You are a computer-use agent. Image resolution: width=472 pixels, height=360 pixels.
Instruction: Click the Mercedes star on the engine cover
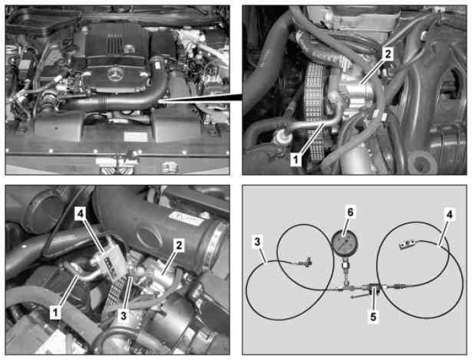tap(114, 74)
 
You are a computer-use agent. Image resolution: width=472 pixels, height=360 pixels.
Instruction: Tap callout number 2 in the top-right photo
tap(387, 54)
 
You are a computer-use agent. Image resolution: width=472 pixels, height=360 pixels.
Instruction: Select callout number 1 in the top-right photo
tap(296, 159)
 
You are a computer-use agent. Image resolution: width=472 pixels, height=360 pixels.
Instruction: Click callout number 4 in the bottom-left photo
tap(80, 214)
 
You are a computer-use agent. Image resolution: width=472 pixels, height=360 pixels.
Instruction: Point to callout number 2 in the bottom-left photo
tap(179, 245)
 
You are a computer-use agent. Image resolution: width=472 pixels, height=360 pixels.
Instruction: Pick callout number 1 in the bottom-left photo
tap(55, 313)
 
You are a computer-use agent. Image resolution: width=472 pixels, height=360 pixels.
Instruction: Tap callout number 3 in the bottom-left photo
tap(124, 316)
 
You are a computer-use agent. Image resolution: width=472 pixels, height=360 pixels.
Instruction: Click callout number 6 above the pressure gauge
tap(350, 212)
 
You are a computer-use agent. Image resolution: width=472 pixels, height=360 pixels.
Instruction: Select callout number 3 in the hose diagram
tap(257, 242)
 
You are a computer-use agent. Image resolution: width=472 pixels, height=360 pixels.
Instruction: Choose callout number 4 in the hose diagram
tap(449, 214)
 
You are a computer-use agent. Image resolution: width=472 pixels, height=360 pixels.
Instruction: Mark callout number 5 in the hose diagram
tap(373, 316)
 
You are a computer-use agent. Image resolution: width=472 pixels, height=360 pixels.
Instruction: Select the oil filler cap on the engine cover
tap(129, 48)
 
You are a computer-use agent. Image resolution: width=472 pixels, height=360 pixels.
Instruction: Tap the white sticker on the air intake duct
tap(185, 219)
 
